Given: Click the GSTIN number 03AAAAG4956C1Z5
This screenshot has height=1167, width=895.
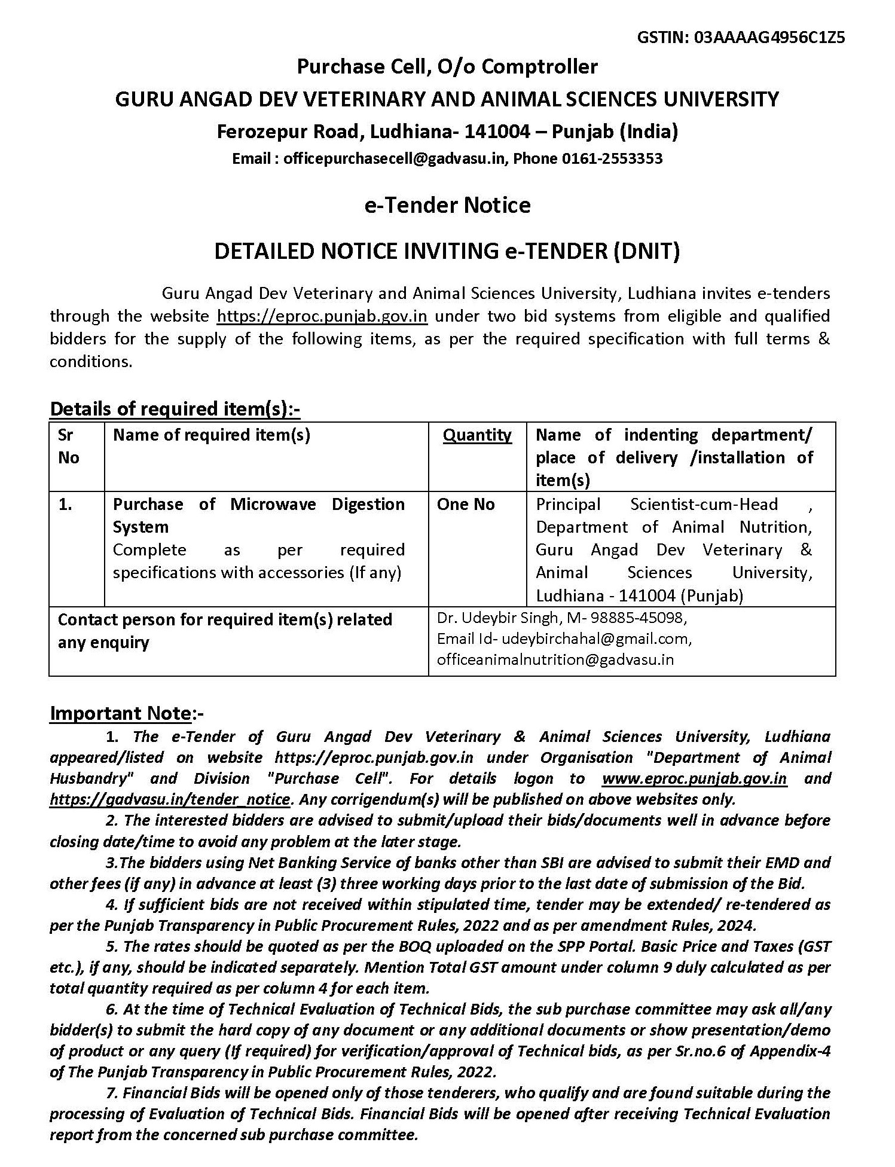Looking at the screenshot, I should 769,38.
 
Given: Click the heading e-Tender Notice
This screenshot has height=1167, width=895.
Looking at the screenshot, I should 447,205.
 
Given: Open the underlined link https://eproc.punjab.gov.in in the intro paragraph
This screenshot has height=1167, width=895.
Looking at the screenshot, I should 322,316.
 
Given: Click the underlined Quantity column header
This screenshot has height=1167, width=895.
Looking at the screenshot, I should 477,435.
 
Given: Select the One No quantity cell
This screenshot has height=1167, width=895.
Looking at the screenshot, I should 466,504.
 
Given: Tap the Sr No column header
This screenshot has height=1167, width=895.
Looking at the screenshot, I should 68,446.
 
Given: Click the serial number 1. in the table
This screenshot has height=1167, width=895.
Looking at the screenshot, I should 65,504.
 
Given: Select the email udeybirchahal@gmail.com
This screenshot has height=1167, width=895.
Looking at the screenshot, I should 596,639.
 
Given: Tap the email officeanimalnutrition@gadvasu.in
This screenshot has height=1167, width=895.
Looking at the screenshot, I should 555,659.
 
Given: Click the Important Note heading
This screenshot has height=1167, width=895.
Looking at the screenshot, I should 120,713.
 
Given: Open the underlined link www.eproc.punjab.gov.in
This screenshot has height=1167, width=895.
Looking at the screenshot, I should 694,778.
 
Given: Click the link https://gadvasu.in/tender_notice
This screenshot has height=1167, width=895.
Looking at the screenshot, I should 170,799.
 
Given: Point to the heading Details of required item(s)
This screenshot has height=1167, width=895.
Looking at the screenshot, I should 174,409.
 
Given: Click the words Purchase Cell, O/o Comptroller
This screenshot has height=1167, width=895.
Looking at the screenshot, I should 447,66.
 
